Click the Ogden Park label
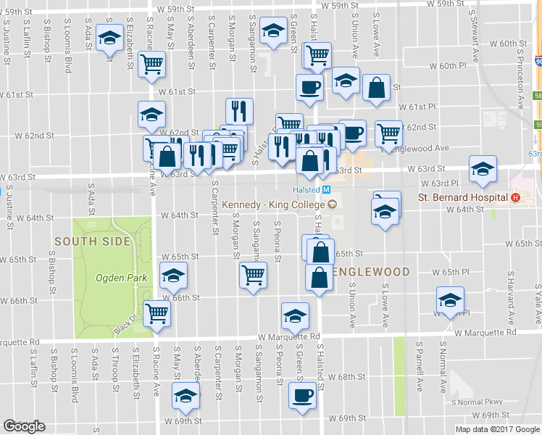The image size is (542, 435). click(121, 277)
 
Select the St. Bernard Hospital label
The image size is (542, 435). click(462, 197)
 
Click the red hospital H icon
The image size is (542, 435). click(515, 197)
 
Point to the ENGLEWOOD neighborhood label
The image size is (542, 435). click(371, 272)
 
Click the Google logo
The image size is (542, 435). click(24, 426)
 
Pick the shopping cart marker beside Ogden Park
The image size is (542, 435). click(157, 313)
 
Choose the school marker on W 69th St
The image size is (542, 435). click(185, 396)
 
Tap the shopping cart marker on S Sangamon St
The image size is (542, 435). click(253, 274)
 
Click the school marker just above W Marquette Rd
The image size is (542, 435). click(295, 315)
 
